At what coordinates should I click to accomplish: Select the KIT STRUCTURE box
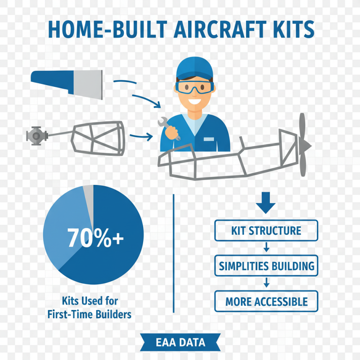[x=266, y=231]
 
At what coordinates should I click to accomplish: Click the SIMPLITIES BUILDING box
[x=266, y=265]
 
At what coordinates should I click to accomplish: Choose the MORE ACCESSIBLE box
[x=266, y=301]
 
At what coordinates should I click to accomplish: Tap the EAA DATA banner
[x=180, y=342]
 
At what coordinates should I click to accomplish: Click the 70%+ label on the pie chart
[x=95, y=238]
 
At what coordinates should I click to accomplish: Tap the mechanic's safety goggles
[x=194, y=87]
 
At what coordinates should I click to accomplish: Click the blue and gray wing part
[x=67, y=82]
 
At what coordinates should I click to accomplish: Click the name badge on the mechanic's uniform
[x=209, y=139]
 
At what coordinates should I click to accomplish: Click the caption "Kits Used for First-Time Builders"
[x=89, y=307]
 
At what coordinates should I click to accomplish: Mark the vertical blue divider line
[x=173, y=252]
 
